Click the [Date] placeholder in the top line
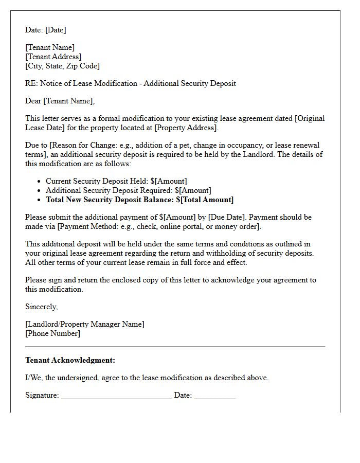click(x=56, y=30)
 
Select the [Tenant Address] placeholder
click(x=53, y=57)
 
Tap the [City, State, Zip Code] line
click(x=62, y=66)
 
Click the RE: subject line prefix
click(x=31, y=83)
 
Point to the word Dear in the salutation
click(x=33, y=101)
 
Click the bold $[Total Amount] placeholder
click(x=205, y=200)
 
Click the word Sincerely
click(x=41, y=307)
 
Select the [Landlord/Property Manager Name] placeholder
click(x=85, y=324)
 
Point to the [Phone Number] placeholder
click(x=52, y=333)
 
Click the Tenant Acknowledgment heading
click(x=70, y=360)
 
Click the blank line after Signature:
click(x=116, y=396)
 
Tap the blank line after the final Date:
click(x=214, y=396)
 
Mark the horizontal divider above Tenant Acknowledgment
click(x=175, y=347)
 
